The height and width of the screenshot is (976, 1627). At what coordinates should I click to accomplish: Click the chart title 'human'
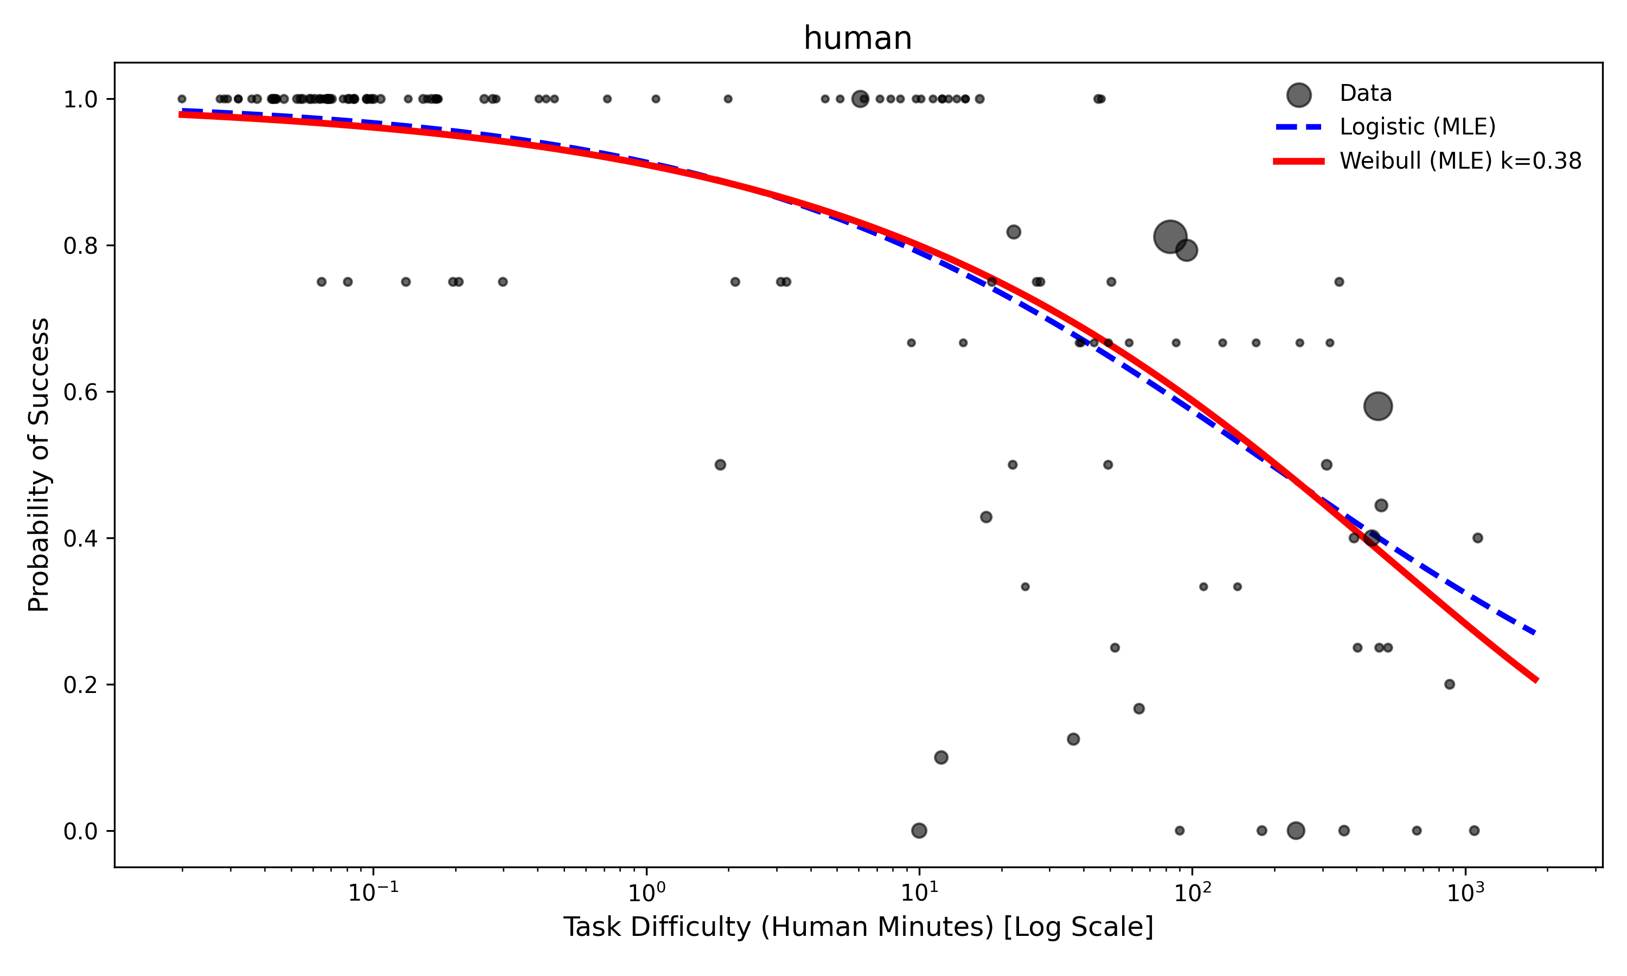pyautogui.click(x=857, y=38)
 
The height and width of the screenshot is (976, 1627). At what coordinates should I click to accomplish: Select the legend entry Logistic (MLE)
pyautogui.click(x=1417, y=127)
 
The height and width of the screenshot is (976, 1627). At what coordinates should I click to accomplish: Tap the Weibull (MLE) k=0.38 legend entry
pyautogui.click(x=1460, y=161)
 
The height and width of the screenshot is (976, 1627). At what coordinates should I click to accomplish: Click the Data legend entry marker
pyautogui.click(x=1299, y=95)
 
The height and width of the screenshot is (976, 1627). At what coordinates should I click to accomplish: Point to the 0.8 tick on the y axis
pyautogui.click(x=80, y=246)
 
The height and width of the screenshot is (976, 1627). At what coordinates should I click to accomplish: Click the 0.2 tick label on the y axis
pyautogui.click(x=80, y=685)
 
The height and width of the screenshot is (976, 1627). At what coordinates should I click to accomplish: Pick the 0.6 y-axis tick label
pyautogui.click(x=80, y=392)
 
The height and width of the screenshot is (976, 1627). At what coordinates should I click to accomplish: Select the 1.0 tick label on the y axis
pyautogui.click(x=80, y=100)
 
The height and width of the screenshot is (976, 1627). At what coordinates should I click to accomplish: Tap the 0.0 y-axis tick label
pyautogui.click(x=80, y=831)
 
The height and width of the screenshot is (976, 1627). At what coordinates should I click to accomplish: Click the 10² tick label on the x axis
pyautogui.click(x=1191, y=892)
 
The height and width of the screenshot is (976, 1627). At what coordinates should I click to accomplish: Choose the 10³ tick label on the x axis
pyautogui.click(x=1464, y=892)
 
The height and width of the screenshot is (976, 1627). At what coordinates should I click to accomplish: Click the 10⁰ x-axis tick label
pyautogui.click(x=646, y=892)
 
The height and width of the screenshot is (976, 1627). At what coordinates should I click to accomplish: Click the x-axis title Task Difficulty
pyautogui.click(x=857, y=927)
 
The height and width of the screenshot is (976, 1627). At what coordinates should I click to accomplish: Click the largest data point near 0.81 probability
pyautogui.click(x=1170, y=237)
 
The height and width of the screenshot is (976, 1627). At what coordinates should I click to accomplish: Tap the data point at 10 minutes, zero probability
pyautogui.click(x=919, y=831)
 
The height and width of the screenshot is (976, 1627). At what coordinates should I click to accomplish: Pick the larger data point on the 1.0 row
pyautogui.click(x=860, y=99)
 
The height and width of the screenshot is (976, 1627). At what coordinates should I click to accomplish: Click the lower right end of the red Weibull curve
pyautogui.click(x=1535, y=680)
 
